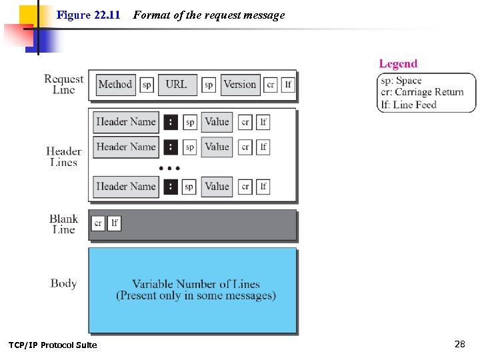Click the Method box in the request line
pyautogui.click(x=115, y=85)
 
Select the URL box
pyautogui.click(x=176, y=85)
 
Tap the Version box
pyautogui.click(x=239, y=85)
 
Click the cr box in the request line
pyautogui.click(x=271, y=85)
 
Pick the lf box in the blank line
pyautogui.click(x=114, y=223)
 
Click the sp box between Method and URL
pyautogui.click(x=147, y=85)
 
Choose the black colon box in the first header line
pyautogui.click(x=171, y=122)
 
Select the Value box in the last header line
pyautogui.click(x=217, y=187)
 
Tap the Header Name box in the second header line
pyautogui.click(x=126, y=147)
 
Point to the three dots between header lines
pyautogui.click(x=169, y=167)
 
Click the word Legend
pyautogui.click(x=398, y=64)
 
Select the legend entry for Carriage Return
pyautogui.click(x=422, y=93)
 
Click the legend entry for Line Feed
pyautogui.click(x=409, y=105)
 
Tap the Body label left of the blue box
pyautogui.click(x=63, y=283)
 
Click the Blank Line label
pyautogui.click(x=63, y=224)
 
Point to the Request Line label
pyautogui.click(x=63, y=84)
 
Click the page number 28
pyautogui.click(x=459, y=344)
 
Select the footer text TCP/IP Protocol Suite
pyautogui.click(x=53, y=345)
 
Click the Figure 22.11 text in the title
pyautogui.click(x=88, y=15)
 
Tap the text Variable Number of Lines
pyautogui.click(x=196, y=284)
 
